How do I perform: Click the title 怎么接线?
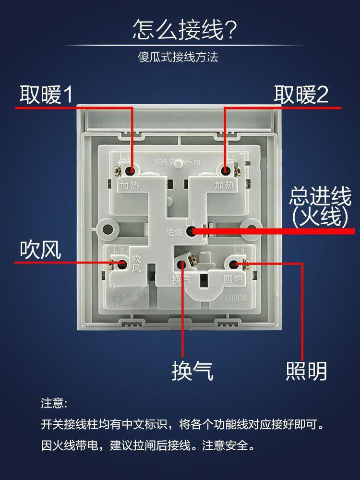tap(185, 29)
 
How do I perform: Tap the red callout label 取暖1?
tap(46, 95)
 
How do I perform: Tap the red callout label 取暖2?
tap(301, 95)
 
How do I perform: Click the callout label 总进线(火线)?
tap(320, 207)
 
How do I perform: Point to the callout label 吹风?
tap(40, 250)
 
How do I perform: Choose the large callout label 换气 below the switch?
tap(192, 371)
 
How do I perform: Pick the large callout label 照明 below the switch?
tap(306, 371)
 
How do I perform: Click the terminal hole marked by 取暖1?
tap(130, 170)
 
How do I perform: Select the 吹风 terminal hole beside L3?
tap(122, 263)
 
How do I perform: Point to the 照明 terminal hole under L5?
tap(235, 264)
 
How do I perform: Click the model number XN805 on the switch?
tap(235, 298)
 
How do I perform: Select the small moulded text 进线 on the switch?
tap(174, 233)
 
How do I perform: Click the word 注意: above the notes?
tap(53, 403)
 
